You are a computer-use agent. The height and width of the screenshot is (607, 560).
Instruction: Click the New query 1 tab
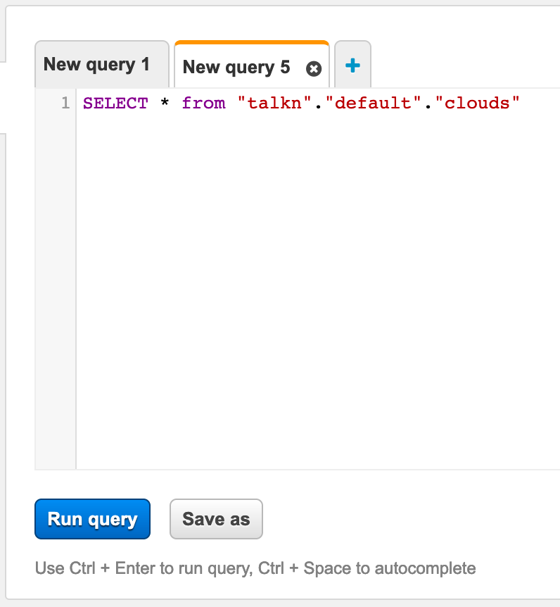pyautogui.click(x=102, y=64)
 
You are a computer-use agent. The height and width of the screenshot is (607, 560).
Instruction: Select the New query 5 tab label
pyautogui.click(x=236, y=68)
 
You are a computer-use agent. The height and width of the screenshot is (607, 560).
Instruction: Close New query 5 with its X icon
pyautogui.click(x=314, y=69)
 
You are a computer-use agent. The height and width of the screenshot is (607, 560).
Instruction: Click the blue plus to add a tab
pyautogui.click(x=352, y=65)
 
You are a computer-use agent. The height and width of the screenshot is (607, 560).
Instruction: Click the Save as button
pyautogui.click(x=216, y=519)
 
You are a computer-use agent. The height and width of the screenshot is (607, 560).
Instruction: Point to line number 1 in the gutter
pyautogui.click(x=65, y=103)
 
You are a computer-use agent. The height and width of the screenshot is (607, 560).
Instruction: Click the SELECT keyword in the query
pyautogui.click(x=115, y=104)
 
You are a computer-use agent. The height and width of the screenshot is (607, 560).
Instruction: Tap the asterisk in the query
pyautogui.click(x=165, y=102)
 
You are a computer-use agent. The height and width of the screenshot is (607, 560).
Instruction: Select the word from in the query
pyautogui.click(x=203, y=103)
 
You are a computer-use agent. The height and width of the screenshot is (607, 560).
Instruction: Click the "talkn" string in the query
pyautogui.click(x=274, y=103)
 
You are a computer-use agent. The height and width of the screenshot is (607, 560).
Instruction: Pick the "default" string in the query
pyautogui.click(x=373, y=103)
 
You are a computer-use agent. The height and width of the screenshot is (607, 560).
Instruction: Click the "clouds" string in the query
pyautogui.click(x=477, y=103)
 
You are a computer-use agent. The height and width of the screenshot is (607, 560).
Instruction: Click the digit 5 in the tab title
pyautogui.click(x=285, y=67)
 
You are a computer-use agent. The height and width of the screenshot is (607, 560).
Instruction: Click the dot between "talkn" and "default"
pyautogui.click(x=318, y=107)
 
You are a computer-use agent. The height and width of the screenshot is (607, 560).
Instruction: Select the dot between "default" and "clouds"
pyautogui.click(x=428, y=107)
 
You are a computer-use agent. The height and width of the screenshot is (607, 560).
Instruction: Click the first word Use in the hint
pyautogui.click(x=49, y=568)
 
